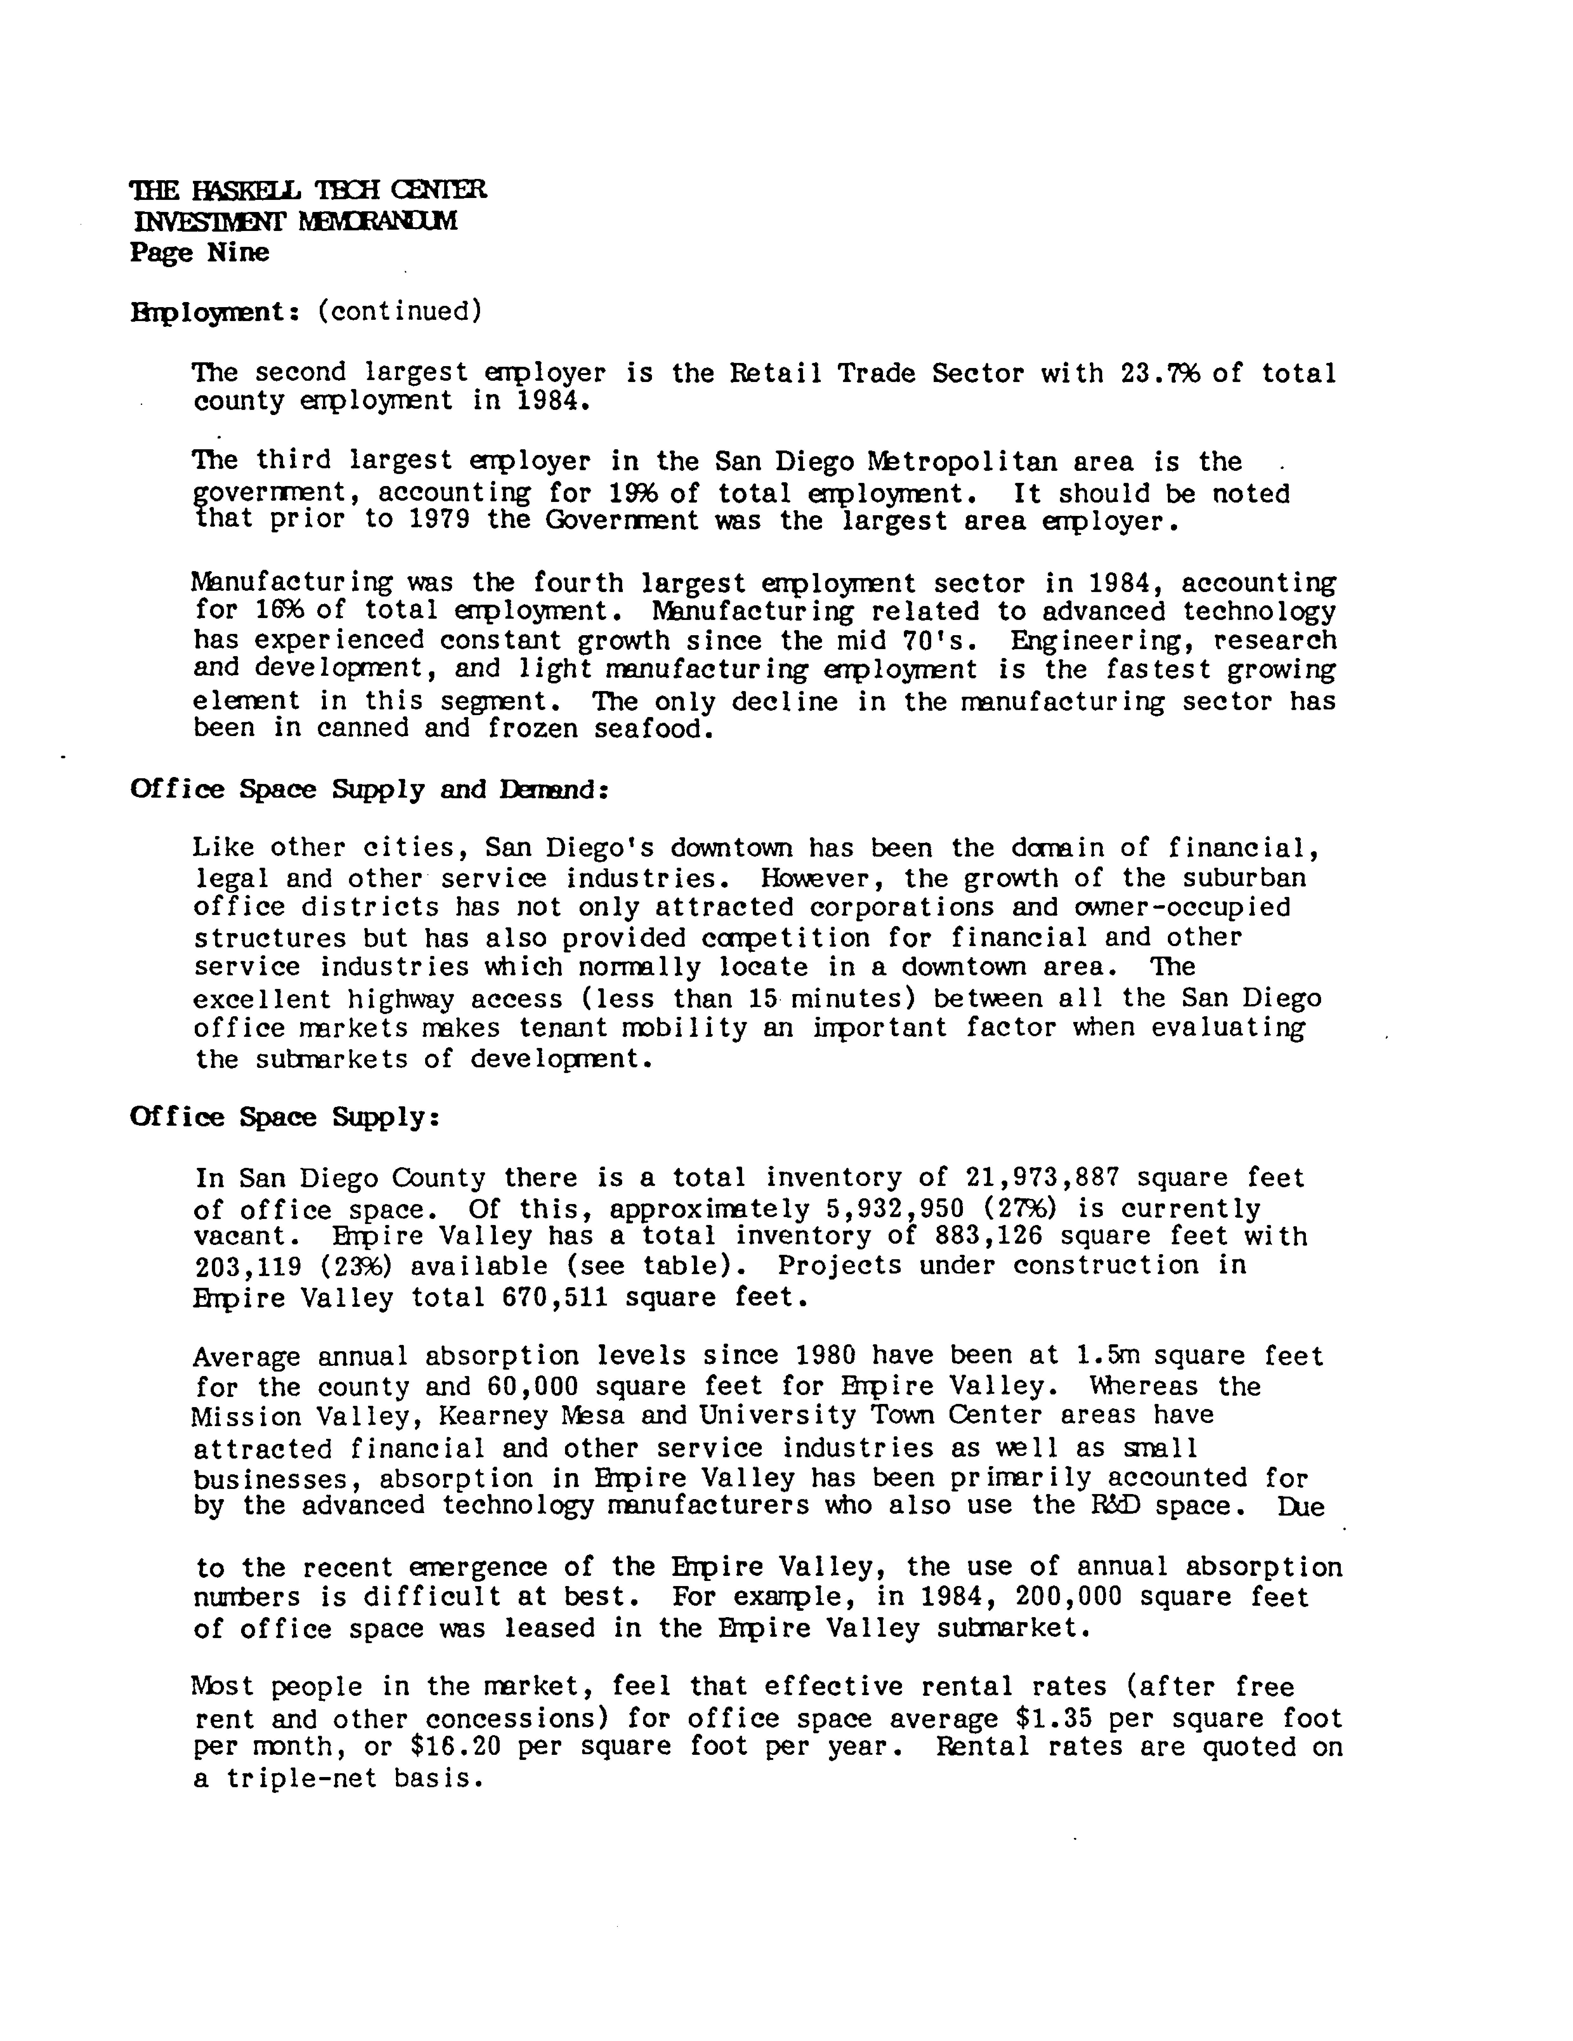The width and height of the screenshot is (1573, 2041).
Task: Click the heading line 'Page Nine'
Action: pyautogui.click(x=199, y=252)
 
